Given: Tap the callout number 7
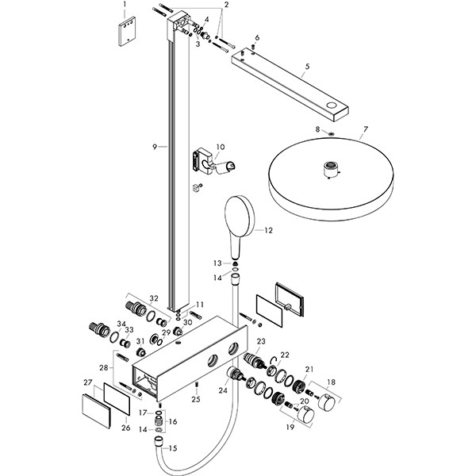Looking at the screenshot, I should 366,128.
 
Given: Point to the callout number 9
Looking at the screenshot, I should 156,146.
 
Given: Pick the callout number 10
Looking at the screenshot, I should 221,147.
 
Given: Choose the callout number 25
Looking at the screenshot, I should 197,399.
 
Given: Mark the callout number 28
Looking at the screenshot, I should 102,368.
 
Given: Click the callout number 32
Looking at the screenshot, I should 154,298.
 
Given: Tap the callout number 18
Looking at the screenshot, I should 332,382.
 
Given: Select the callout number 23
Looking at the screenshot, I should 260,340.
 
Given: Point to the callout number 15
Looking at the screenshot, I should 174,448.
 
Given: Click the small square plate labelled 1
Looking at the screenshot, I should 125,33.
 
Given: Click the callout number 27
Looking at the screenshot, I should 87,384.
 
